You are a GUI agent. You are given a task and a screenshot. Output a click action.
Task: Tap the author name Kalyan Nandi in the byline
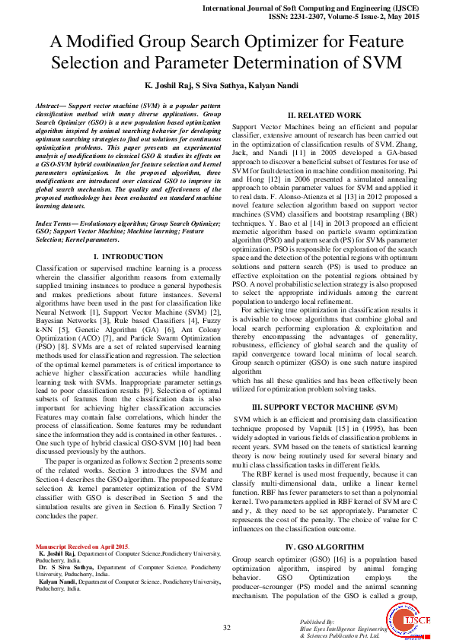tap(276, 85)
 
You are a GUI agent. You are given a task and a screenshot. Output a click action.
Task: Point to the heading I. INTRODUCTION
tap(128, 257)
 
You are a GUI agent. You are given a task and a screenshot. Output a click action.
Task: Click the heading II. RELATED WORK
tap(324, 115)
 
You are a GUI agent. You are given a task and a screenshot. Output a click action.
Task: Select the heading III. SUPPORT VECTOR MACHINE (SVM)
tap(324, 408)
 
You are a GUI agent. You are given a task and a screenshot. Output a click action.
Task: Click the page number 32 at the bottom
tap(226, 627)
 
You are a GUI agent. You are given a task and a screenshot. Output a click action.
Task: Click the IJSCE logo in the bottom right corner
tap(416, 622)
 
